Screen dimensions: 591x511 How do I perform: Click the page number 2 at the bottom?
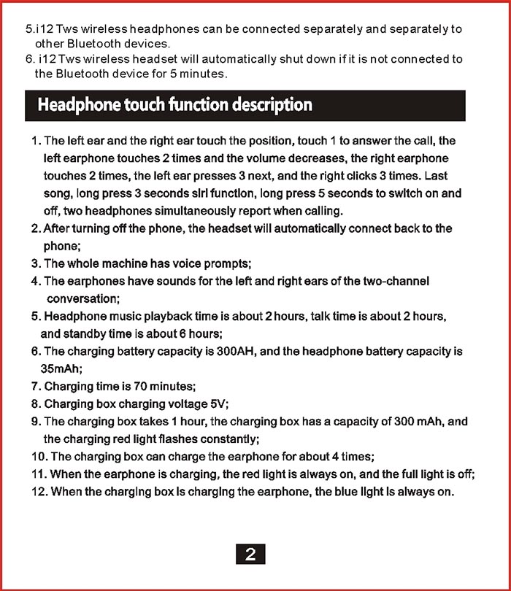click(x=250, y=555)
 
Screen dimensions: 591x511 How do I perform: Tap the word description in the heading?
click(x=272, y=105)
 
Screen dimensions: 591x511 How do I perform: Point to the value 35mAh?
click(x=61, y=369)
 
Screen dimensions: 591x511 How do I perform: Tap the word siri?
click(x=210, y=193)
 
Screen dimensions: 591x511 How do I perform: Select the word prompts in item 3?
click(x=229, y=263)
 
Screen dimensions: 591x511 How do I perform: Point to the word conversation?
click(x=82, y=298)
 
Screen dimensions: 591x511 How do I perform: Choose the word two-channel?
click(x=396, y=281)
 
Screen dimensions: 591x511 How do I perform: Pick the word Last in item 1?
click(x=436, y=176)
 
